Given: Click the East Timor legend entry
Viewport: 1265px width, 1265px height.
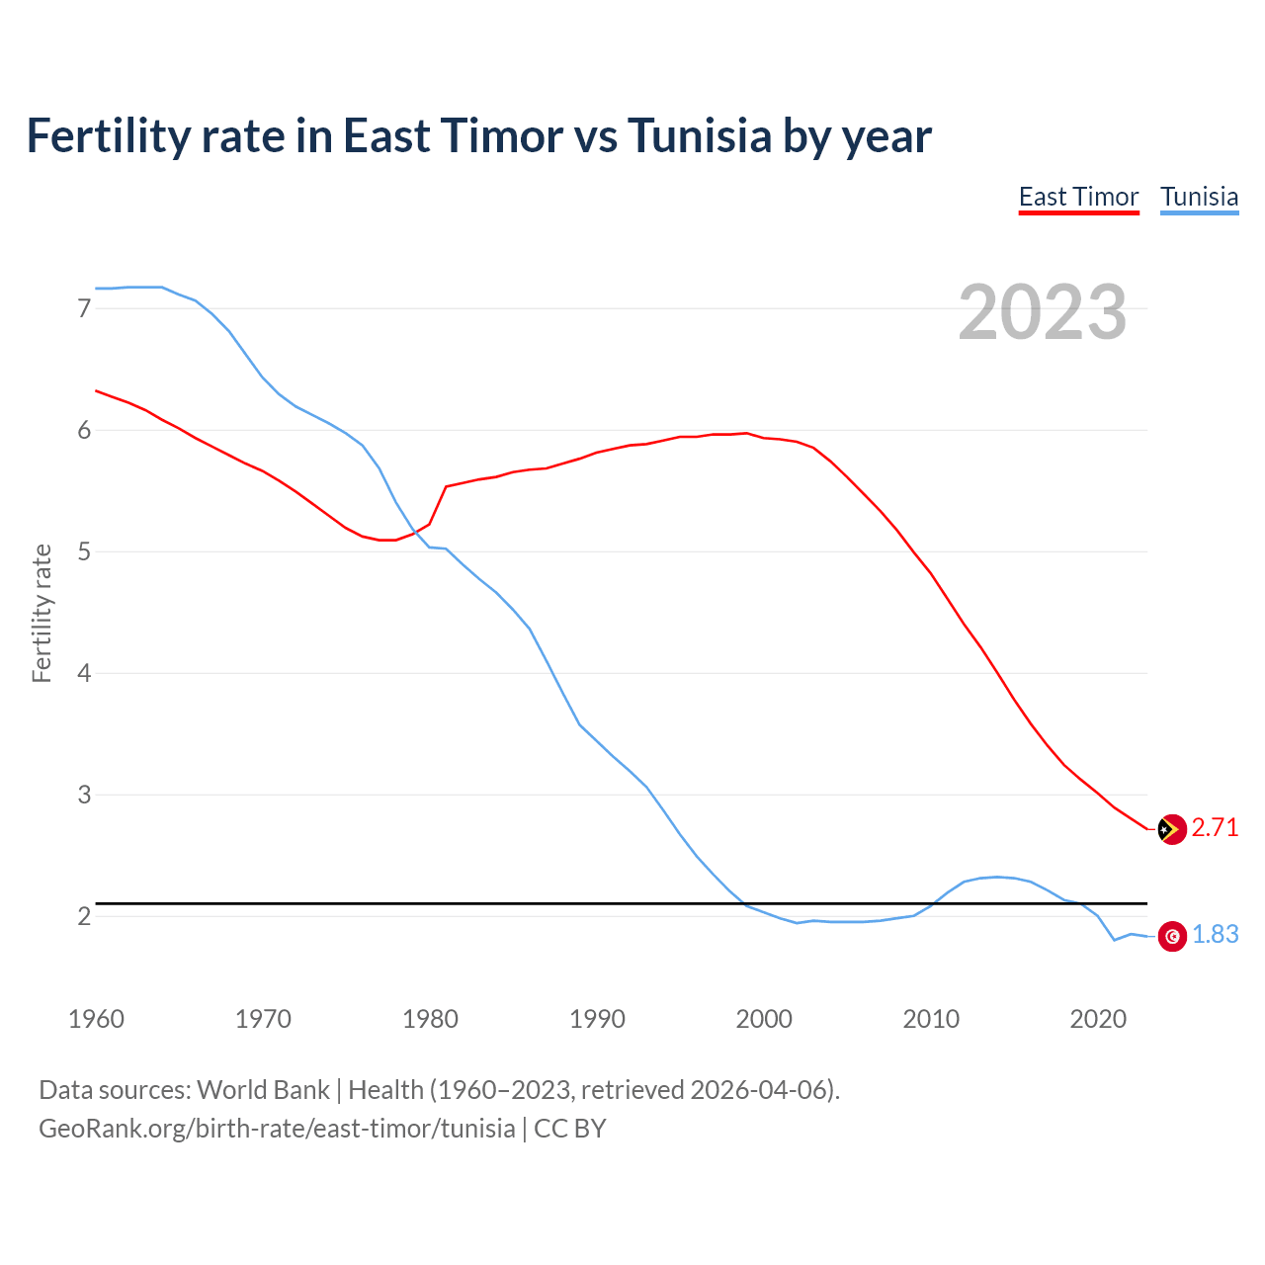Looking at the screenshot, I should click(x=1078, y=197).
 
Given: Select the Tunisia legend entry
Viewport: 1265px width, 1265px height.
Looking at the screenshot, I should click(x=1199, y=197).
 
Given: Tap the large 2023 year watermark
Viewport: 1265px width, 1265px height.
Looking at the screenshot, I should click(x=1043, y=312).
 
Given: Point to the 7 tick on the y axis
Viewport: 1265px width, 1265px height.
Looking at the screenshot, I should click(x=84, y=308).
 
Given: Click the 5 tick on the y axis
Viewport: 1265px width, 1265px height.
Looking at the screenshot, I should click(x=84, y=551).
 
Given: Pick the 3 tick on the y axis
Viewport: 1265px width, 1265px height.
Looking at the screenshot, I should click(x=84, y=795).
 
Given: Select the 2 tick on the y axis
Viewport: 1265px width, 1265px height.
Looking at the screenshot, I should click(x=84, y=916).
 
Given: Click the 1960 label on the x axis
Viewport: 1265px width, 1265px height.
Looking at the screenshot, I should click(x=96, y=1019).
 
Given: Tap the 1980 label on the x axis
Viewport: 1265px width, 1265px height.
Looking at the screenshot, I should click(x=430, y=1019).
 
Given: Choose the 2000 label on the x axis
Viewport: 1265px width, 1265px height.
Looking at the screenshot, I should click(x=764, y=1019).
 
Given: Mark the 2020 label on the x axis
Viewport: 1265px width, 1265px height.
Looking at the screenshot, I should click(x=1098, y=1019).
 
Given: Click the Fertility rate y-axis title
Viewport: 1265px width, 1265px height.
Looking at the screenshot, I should click(x=42, y=613).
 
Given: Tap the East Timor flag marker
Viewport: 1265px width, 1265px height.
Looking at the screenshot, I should click(x=1171, y=829).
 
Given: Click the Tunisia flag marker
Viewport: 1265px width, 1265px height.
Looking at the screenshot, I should click(x=1172, y=936).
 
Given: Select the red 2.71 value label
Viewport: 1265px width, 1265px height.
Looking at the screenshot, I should click(x=1215, y=828).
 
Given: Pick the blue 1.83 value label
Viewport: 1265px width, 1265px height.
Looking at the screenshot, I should click(x=1215, y=935).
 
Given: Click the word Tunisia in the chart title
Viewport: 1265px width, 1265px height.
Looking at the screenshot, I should click(x=699, y=135).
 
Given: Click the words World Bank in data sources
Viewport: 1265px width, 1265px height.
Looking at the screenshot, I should click(x=263, y=1090).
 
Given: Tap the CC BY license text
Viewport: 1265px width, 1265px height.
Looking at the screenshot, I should click(x=570, y=1129).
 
